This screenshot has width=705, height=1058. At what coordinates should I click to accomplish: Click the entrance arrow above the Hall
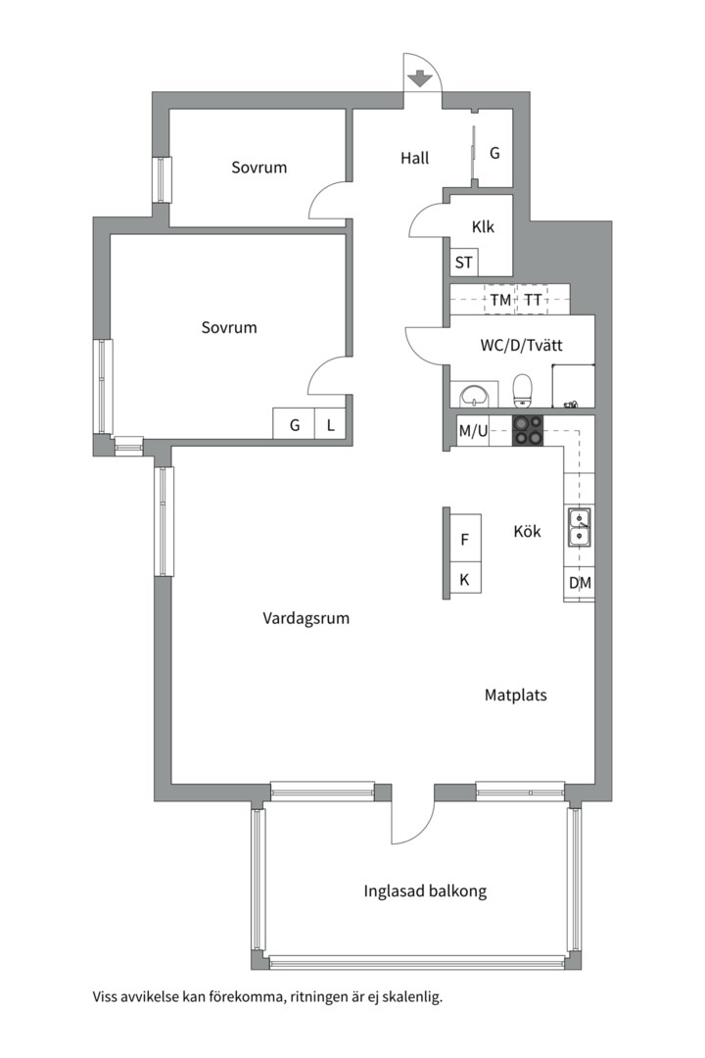[420, 78]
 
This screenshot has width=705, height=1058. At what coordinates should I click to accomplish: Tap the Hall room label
[415, 158]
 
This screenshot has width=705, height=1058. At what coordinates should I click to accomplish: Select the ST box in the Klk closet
[463, 263]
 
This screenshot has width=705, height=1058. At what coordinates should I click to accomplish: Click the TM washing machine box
[500, 300]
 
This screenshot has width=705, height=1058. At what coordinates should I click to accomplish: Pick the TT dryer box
[533, 300]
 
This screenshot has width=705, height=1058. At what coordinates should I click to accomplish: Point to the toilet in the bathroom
[523, 391]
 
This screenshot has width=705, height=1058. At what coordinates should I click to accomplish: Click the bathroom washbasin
[478, 395]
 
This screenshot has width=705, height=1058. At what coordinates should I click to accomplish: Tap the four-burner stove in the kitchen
[528, 430]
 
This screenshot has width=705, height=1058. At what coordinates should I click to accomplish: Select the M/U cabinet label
[473, 430]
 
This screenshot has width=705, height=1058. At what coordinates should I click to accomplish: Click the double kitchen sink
[579, 527]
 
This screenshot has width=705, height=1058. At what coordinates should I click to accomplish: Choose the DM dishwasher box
[580, 582]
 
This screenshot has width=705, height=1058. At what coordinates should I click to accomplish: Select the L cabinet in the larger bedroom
[331, 424]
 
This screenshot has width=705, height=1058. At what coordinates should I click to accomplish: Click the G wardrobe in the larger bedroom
[294, 424]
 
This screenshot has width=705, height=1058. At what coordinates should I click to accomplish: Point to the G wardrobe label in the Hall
[494, 153]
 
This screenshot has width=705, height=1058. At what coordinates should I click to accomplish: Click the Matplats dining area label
[515, 695]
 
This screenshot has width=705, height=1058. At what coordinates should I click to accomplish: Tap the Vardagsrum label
[306, 618]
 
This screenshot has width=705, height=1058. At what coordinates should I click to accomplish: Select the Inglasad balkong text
[425, 891]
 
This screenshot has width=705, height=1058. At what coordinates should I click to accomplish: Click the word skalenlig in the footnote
[412, 997]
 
